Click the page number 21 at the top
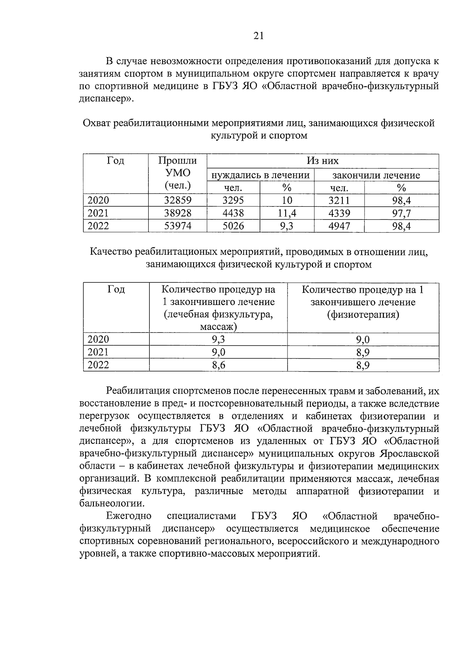258,36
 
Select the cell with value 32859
177,200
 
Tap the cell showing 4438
233,213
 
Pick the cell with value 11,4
287,213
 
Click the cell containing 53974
177,226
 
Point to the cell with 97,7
401,213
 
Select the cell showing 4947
339,226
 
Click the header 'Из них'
322,161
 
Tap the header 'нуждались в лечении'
260,175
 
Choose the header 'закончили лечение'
376,175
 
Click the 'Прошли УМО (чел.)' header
177,173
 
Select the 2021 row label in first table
99,213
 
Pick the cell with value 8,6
219,365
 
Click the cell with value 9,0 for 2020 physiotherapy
363,340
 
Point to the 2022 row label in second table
99,365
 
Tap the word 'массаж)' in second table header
218,327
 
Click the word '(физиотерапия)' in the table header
363,315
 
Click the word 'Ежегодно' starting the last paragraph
129,516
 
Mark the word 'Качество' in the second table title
112,252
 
